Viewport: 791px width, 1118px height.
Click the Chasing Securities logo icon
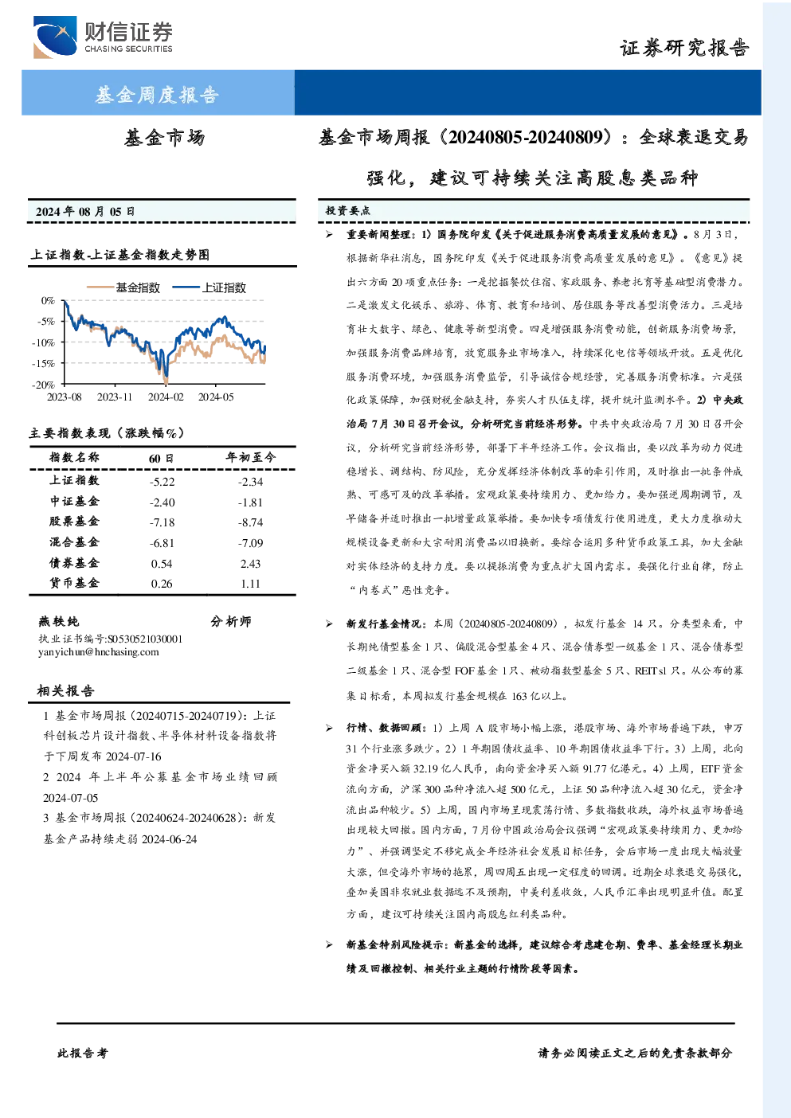click(55, 37)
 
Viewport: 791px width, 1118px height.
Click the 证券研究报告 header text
click(684, 49)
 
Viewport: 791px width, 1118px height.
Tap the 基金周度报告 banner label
click(157, 94)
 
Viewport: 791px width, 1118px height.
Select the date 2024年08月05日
click(85, 211)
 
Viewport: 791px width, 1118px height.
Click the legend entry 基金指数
click(123, 287)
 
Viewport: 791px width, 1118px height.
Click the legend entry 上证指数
click(209, 287)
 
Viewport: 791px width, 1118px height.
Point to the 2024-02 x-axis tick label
click(166, 397)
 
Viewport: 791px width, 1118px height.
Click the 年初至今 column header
click(251, 457)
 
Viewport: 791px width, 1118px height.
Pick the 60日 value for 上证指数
click(162, 482)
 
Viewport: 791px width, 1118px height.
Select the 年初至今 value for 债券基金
click(250, 564)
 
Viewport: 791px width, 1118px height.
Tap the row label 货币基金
click(74, 583)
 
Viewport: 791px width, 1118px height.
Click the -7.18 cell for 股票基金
click(162, 522)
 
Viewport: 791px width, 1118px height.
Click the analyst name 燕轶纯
click(58, 621)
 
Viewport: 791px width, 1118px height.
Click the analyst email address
click(98, 652)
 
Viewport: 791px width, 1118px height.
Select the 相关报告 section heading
click(65, 690)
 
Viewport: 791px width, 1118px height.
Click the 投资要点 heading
click(347, 211)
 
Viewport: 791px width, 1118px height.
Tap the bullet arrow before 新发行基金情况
click(329, 623)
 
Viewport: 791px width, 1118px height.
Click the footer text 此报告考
click(82, 1053)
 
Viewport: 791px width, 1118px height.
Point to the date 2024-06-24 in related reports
click(170, 839)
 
